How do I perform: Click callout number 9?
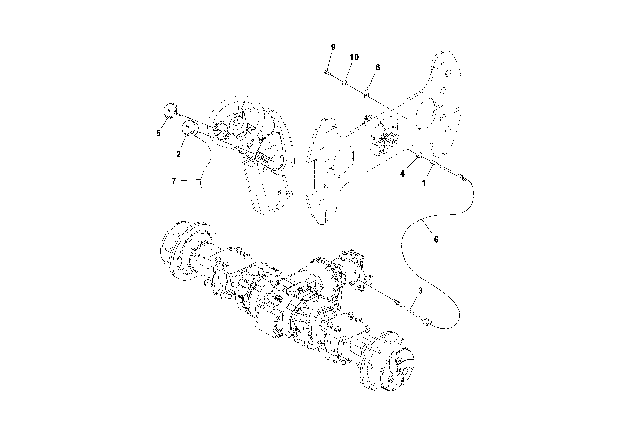[333, 47]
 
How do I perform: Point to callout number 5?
[158, 133]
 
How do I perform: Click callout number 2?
[178, 154]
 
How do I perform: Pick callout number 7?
[174, 181]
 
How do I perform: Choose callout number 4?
[402, 174]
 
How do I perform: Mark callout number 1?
[424, 183]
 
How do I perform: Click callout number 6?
[436, 240]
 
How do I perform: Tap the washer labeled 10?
[345, 82]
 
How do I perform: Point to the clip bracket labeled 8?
[367, 92]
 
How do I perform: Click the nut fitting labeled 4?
[419, 155]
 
